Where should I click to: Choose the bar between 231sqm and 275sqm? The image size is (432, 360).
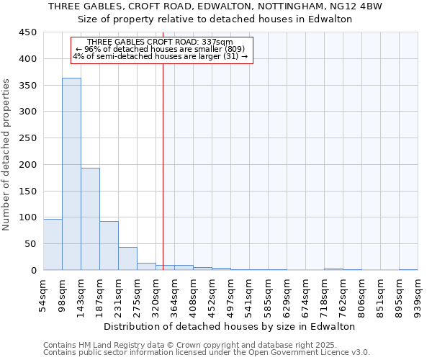coord(127,258)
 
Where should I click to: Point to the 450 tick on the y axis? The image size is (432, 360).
coord(27,32)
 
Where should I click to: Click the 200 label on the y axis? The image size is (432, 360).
coord(27,165)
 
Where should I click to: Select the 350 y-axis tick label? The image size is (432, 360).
coord(27,86)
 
